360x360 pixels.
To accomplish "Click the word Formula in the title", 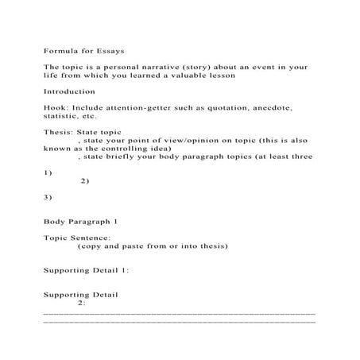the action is pos(60,50).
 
